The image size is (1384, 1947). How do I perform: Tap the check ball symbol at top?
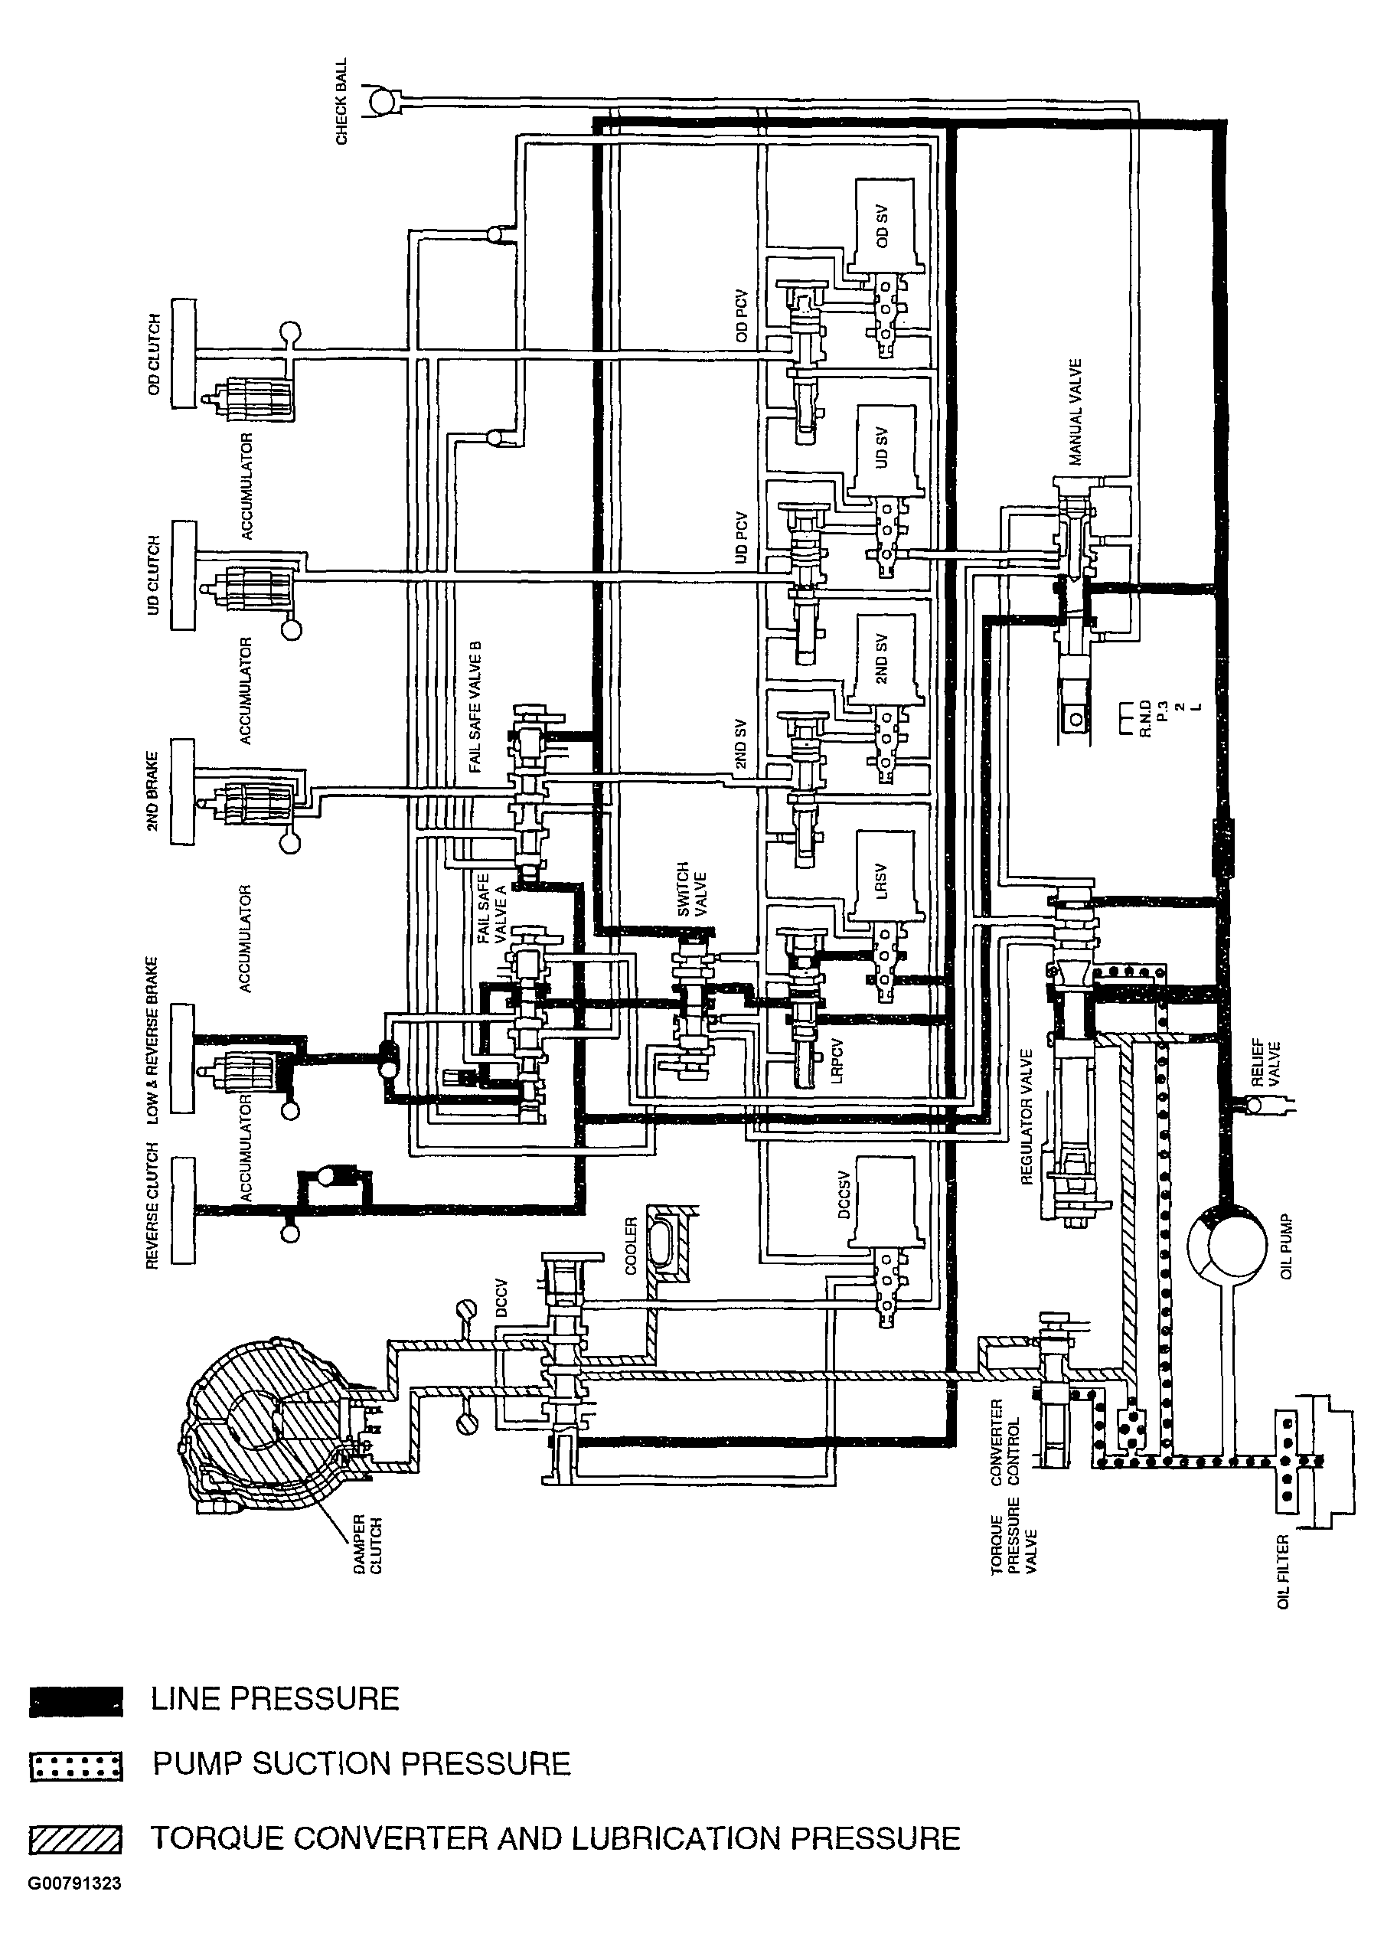click(381, 101)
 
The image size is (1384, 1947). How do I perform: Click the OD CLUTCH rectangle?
click(183, 353)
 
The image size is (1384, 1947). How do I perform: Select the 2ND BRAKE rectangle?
click(183, 791)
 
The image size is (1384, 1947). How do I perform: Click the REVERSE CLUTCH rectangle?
click(183, 1210)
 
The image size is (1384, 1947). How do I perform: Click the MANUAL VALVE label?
click(1076, 413)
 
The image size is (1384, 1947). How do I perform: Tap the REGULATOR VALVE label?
click(1028, 1118)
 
